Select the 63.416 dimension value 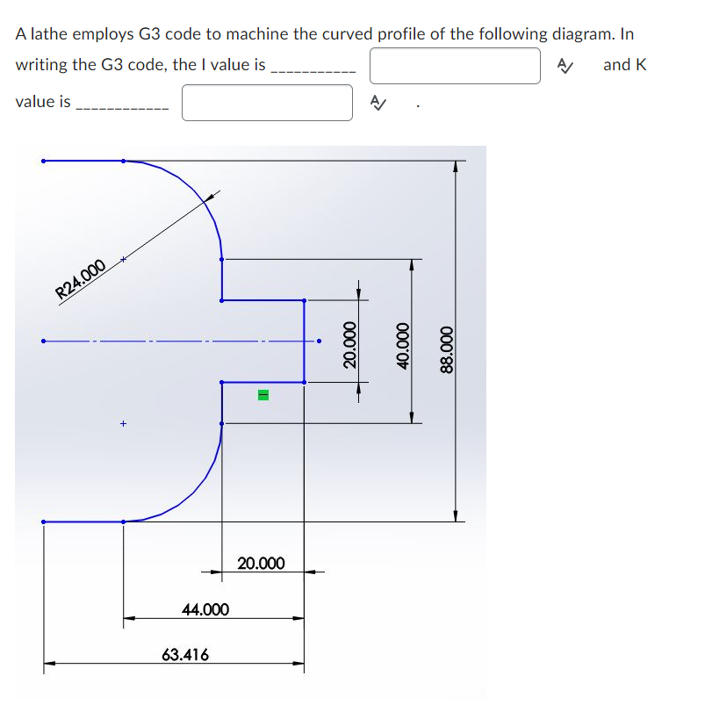click(x=185, y=654)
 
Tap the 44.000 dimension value click(x=205, y=608)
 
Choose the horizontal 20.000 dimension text click(x=261, y=563)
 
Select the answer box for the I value click(x=454, y=65)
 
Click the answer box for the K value click(x=267, y=102)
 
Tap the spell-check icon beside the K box click(x=378, y=103)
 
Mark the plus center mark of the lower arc click(x=124, y=424)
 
